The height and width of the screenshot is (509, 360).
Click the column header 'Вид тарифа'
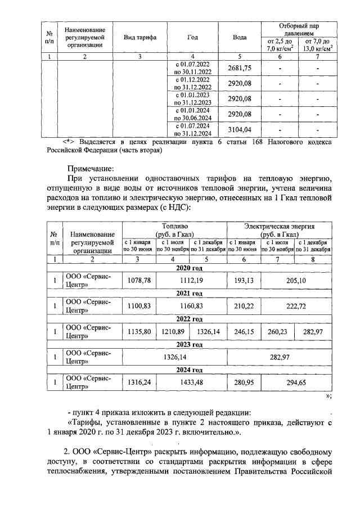pyautogui.click(x=139, y=38)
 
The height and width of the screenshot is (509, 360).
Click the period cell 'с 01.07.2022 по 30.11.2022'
pyautogui.click(x=192, y=68)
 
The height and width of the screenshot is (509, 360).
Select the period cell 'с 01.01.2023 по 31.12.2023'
pyautogui.click(x=192, y=99)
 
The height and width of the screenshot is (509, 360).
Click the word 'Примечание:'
pyautogui.click(x=91, y=168)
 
